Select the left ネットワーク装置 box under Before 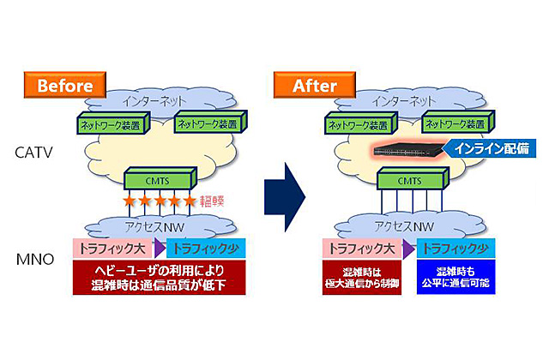point(111,123)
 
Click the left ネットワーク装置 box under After point(362,123)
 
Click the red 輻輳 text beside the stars point(212,204)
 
